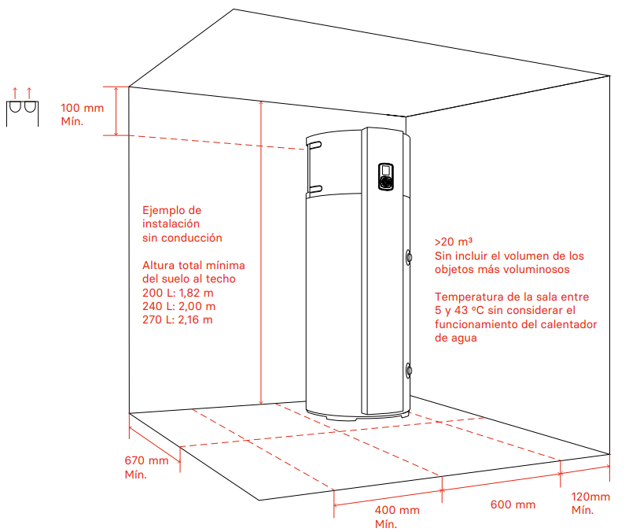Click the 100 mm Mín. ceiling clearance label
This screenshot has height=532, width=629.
click(83, 114)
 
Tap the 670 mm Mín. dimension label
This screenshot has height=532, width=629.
click(146, 467)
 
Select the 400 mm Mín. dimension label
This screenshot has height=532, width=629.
click(397, 517)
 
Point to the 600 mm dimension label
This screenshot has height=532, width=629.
click(513, 504)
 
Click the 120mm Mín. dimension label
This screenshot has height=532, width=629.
click(590, 503)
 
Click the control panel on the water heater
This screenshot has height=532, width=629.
click(386, 176)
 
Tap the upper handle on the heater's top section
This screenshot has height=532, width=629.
click(316, 145)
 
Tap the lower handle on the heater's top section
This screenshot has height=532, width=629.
click(316, 189)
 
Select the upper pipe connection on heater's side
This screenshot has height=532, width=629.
click(409, 257)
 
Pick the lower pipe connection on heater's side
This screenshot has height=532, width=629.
click(409, 370)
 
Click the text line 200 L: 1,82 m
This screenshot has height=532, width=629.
click(178, 293)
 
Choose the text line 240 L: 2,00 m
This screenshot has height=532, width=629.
click(179, 306)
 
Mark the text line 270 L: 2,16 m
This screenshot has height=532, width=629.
click(178, 320)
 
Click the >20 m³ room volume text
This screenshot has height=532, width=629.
click(454, 242)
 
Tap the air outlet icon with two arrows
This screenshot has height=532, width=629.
click(23, 107)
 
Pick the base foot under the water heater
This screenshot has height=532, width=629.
click(342, 419)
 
